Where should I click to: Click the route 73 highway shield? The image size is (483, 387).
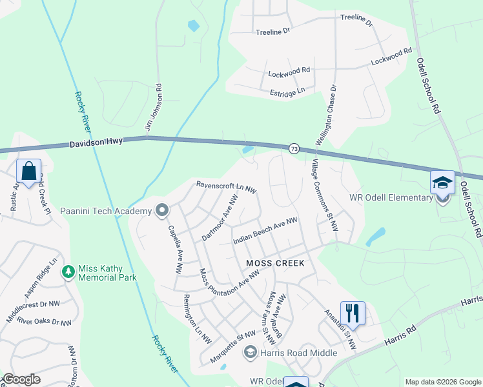pyautogui.click(x=294, y=149)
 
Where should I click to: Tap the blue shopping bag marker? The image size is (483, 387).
pyautogui.click(x=28, y=172)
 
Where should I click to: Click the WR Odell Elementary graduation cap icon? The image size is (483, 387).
pyautogui.click(x=443, y=183)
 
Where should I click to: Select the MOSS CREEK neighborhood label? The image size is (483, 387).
pyautogui.click(x=275, y=264)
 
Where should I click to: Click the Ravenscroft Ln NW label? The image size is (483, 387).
pyautogui.click(x=227, y=187)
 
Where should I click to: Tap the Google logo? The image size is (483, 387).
pyautogui.click(x=21, y=379)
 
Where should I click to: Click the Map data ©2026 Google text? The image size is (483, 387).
pyautogui.click(x=442, y=382)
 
